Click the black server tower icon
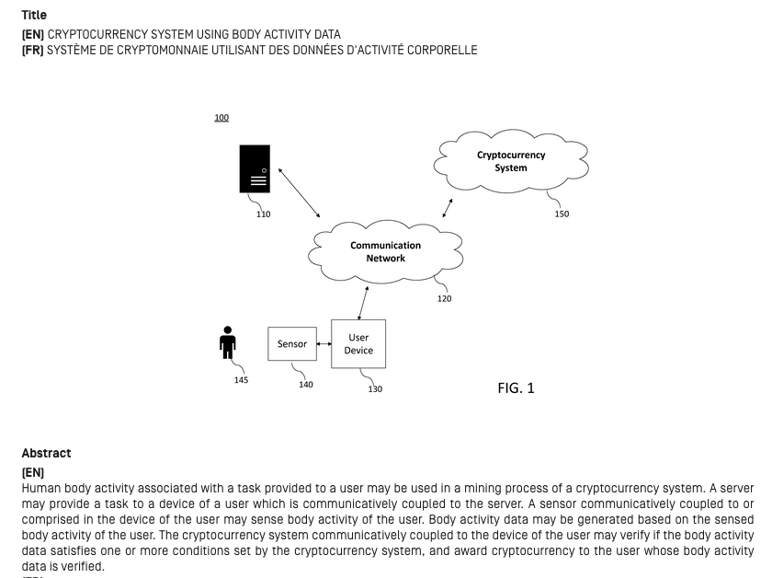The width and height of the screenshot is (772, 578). pyautogui.click(x=255, y=168)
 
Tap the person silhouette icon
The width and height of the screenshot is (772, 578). pyautogui.click(x=228, y=342)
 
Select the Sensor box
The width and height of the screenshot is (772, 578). pyautogui.click(x=292, y=343)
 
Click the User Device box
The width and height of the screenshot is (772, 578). pyautogui.click(x=358, y=343)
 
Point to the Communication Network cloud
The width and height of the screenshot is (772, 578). pyautogui.click(x=385, y=252)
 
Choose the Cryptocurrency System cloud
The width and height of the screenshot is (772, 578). pyautogui.click(x=511, y=161)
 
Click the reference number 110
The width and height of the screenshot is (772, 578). pyautogui.click(x=264, y=214)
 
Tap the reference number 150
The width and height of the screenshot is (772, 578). pyautogui.click(x=562, y=214)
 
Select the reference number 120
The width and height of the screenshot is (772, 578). pyautogui.click(x=444, y=298)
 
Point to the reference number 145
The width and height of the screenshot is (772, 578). pyautogui.click(x=241, y=380)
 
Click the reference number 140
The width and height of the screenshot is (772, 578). pyautogui.click(x=306, y=384)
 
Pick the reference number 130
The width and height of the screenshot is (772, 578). pyautogui.click(x=375, y=389)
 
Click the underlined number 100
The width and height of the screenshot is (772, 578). pyautogui.click(x=221, y=118)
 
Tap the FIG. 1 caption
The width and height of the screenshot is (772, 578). pyautogui.click(x=516, y=388)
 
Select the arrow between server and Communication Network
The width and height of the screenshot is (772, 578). pyautogui.click(x=300, y=193)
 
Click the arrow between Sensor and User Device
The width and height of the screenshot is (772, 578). pyautogui.click(x=324, y=343)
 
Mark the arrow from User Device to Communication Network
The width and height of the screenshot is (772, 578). pyautogui.click(x=363, y=303)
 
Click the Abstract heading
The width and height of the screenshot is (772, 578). pyautogui.click(x=46, y=453)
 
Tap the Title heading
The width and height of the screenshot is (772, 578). pyautogui.click(x=34, y=15)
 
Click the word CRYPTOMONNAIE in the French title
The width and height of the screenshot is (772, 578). pyautogui.click(x=163, y=51)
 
